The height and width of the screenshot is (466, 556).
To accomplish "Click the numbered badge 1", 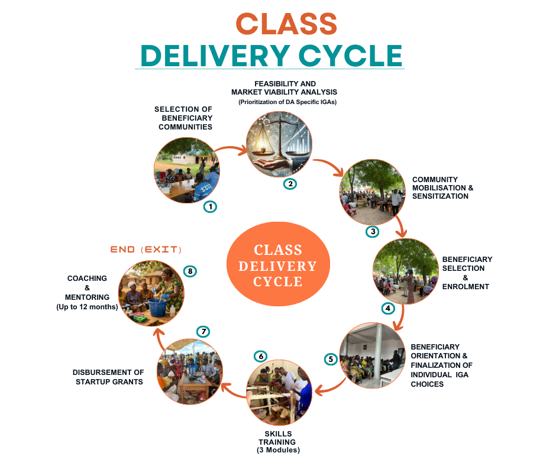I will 210,206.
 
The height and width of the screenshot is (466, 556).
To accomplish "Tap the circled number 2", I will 290,183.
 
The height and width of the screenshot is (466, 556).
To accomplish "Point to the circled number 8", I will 189,271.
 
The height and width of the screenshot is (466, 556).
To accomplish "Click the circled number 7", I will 203,332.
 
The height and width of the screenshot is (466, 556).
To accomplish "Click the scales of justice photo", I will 279,144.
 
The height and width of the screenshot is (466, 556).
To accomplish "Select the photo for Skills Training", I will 279,390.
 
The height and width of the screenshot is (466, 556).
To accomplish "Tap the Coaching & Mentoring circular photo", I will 152,293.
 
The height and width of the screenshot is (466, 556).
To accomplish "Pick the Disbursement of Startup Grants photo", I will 189,371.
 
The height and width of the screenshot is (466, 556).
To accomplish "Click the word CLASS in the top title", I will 286,24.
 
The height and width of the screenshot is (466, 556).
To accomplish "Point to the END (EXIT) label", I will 146,249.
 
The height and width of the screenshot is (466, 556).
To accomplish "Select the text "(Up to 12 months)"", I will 87,307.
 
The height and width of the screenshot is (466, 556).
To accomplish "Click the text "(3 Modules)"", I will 278,450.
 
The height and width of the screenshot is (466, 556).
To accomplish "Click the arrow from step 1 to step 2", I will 231,149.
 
